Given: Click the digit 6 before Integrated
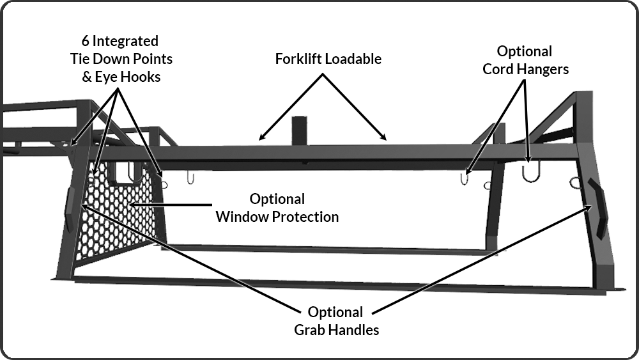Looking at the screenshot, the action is [x=85, y=41].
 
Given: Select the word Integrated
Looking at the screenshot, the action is [x=125, y=42].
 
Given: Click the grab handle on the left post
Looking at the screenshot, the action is [x=69, y=209].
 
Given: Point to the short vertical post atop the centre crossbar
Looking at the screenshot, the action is [x=300, y=130].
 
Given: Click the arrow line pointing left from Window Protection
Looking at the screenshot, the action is [x=171, y=204].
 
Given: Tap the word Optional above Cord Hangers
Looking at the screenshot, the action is [x=525, y=52].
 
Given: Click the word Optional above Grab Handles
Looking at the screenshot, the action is [x=335, y=312].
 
